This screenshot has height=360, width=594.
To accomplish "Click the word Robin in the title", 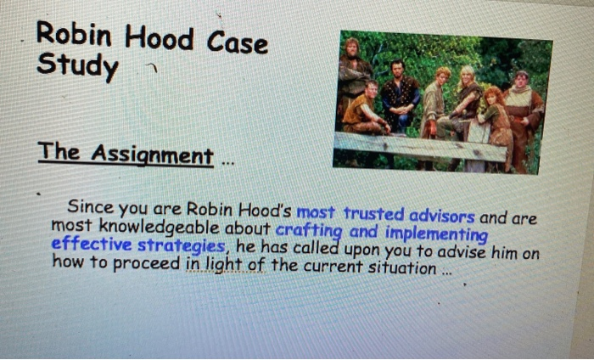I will pos(73,36).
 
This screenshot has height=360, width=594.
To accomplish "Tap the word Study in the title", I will pos(77,65).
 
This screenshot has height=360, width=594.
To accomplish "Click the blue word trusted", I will pos(378,213).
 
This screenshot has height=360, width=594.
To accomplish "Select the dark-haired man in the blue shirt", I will pos(398,93).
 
